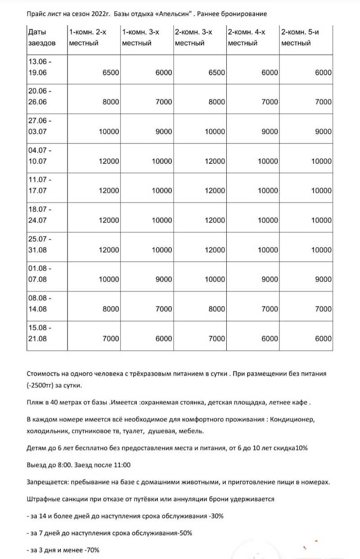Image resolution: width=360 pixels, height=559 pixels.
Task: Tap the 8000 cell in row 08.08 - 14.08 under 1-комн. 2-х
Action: [110, 309]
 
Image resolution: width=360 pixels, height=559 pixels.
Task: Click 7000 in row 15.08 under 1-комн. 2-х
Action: [110, 339]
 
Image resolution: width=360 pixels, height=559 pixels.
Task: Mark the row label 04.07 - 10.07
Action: [40, 155]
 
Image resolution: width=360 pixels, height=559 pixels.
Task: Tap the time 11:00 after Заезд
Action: [122, 465]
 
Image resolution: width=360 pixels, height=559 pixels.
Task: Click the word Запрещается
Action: [47, 482]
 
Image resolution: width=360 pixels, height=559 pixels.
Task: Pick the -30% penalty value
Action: [216, 516]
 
